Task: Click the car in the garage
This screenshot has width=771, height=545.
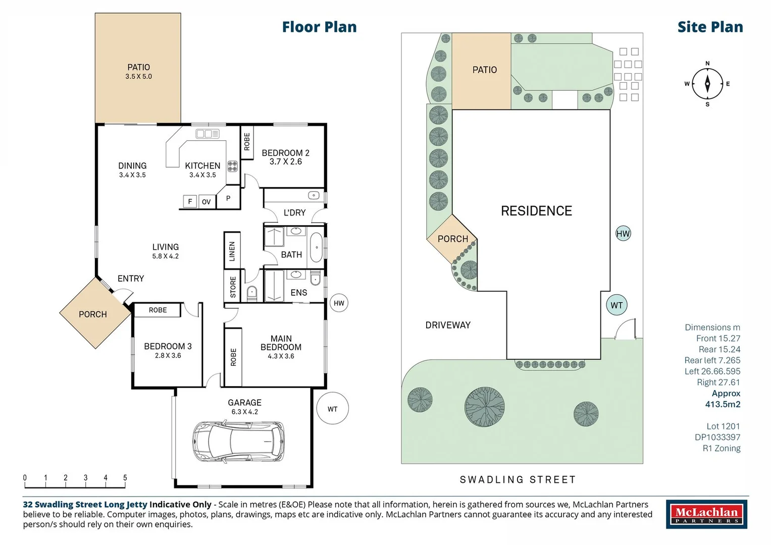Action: pos(238,441)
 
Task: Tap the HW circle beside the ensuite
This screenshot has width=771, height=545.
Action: pos(339,303)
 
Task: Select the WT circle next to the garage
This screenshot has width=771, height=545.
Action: pos(333,408)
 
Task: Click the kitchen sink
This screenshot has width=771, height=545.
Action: pos(207,134)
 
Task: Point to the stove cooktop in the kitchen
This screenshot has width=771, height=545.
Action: pos(232,167)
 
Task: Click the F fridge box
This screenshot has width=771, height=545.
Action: pos(190,201)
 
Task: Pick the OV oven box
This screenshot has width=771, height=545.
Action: pos(207,202)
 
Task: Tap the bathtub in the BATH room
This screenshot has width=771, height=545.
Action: pos(317,247)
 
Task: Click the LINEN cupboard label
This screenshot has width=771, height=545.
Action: pos(232,251)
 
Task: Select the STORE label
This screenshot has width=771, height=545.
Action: pos(233,287)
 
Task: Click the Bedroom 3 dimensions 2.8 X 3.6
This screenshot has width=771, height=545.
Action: pos(168,355)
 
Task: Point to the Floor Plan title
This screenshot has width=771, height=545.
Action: pos(319,27)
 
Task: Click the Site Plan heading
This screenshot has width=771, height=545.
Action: pos(710,27)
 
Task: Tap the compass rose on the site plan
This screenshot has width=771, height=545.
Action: pos(707,84)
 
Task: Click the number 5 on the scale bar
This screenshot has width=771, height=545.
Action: pos(125,477)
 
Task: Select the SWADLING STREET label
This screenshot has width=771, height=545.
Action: pos(518,479)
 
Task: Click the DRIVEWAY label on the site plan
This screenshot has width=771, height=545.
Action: pos(448,325)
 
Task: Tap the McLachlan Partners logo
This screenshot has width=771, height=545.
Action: pos(707,514)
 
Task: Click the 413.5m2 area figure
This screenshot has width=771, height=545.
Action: pos(723,404)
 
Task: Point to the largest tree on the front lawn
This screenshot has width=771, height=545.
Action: pos(484,407)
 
